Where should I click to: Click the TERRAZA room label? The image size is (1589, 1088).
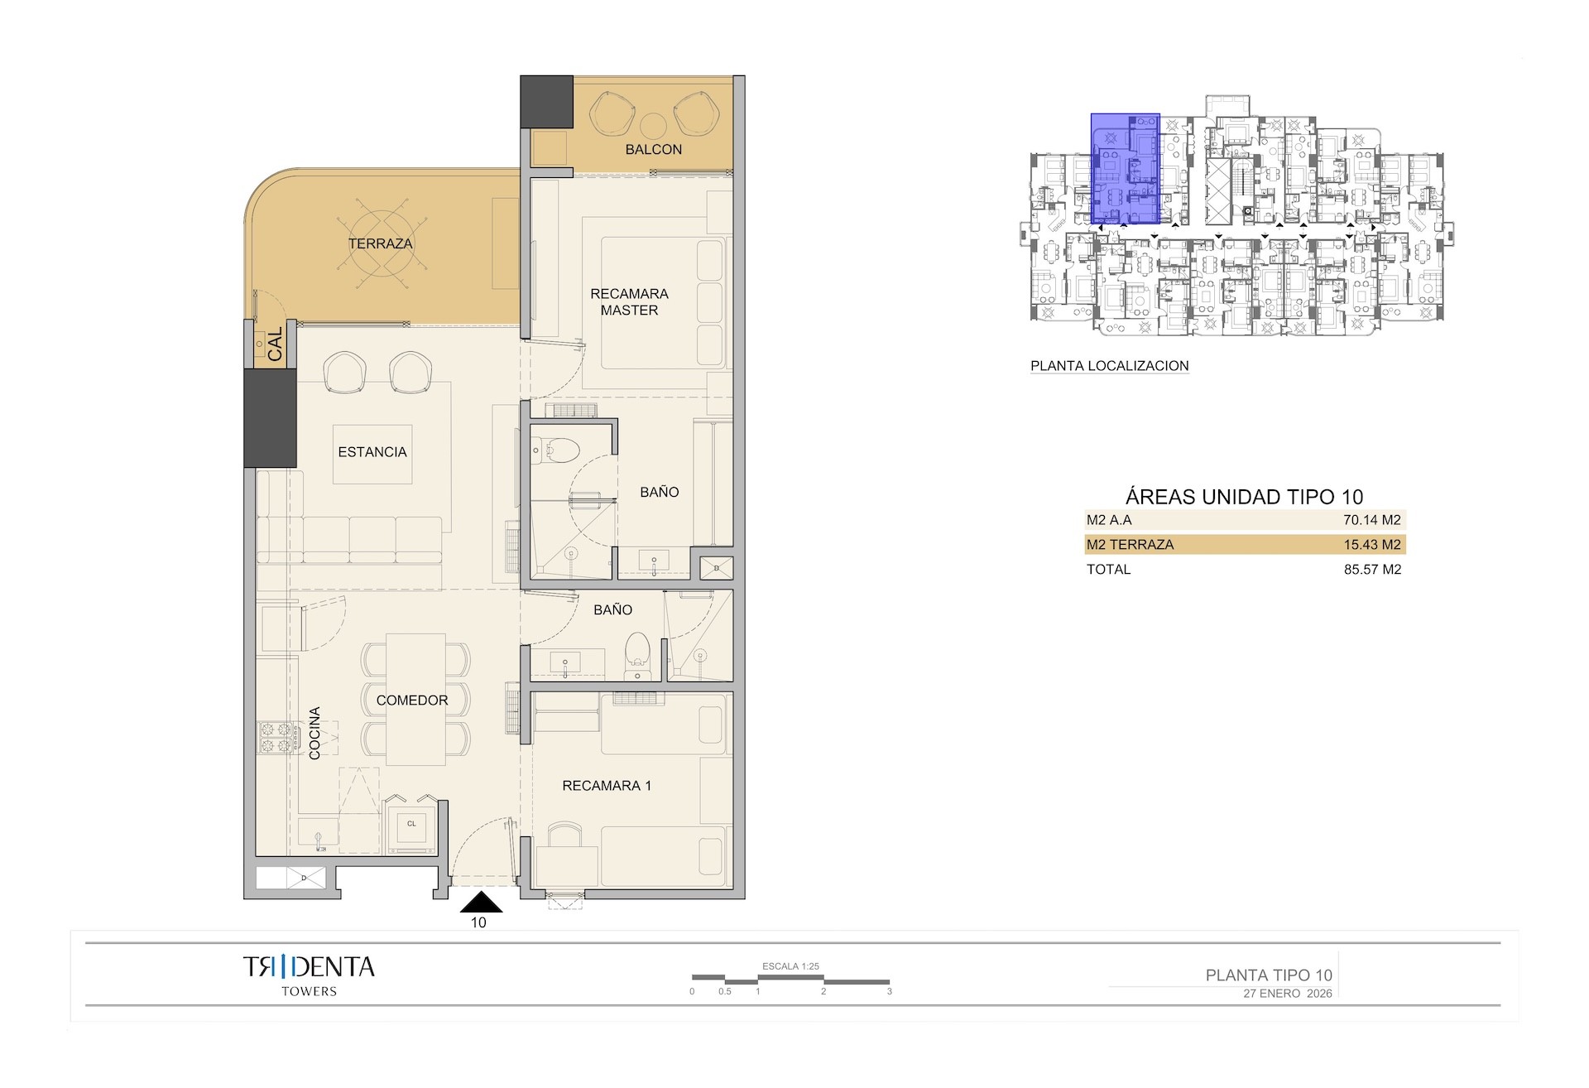point(380,243)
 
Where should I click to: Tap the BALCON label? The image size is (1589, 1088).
point(653,149)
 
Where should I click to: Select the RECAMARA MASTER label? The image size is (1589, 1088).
point(629,301)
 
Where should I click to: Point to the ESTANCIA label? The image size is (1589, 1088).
point(372,452)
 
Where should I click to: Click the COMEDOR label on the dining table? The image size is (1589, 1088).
point(412,700)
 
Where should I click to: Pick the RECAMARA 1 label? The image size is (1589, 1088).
point(607,786)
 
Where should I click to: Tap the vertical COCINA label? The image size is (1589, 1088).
point(314,733)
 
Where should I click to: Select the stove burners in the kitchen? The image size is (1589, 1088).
point(278,738)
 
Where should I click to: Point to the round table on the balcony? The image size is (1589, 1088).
point(653,125)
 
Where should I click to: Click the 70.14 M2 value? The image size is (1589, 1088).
point(1371,520)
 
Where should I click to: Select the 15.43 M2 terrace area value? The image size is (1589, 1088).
point(1371,545)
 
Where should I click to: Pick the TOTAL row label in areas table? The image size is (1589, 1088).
point(1108,570)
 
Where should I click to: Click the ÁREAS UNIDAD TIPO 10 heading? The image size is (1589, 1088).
point(1244,497)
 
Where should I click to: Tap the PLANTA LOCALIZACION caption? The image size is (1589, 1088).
point(1109,366)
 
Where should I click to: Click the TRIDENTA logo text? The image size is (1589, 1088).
point(309,967)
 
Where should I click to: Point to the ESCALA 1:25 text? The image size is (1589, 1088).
point(790,966)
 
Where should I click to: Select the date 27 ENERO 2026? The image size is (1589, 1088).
point(1287,994)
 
